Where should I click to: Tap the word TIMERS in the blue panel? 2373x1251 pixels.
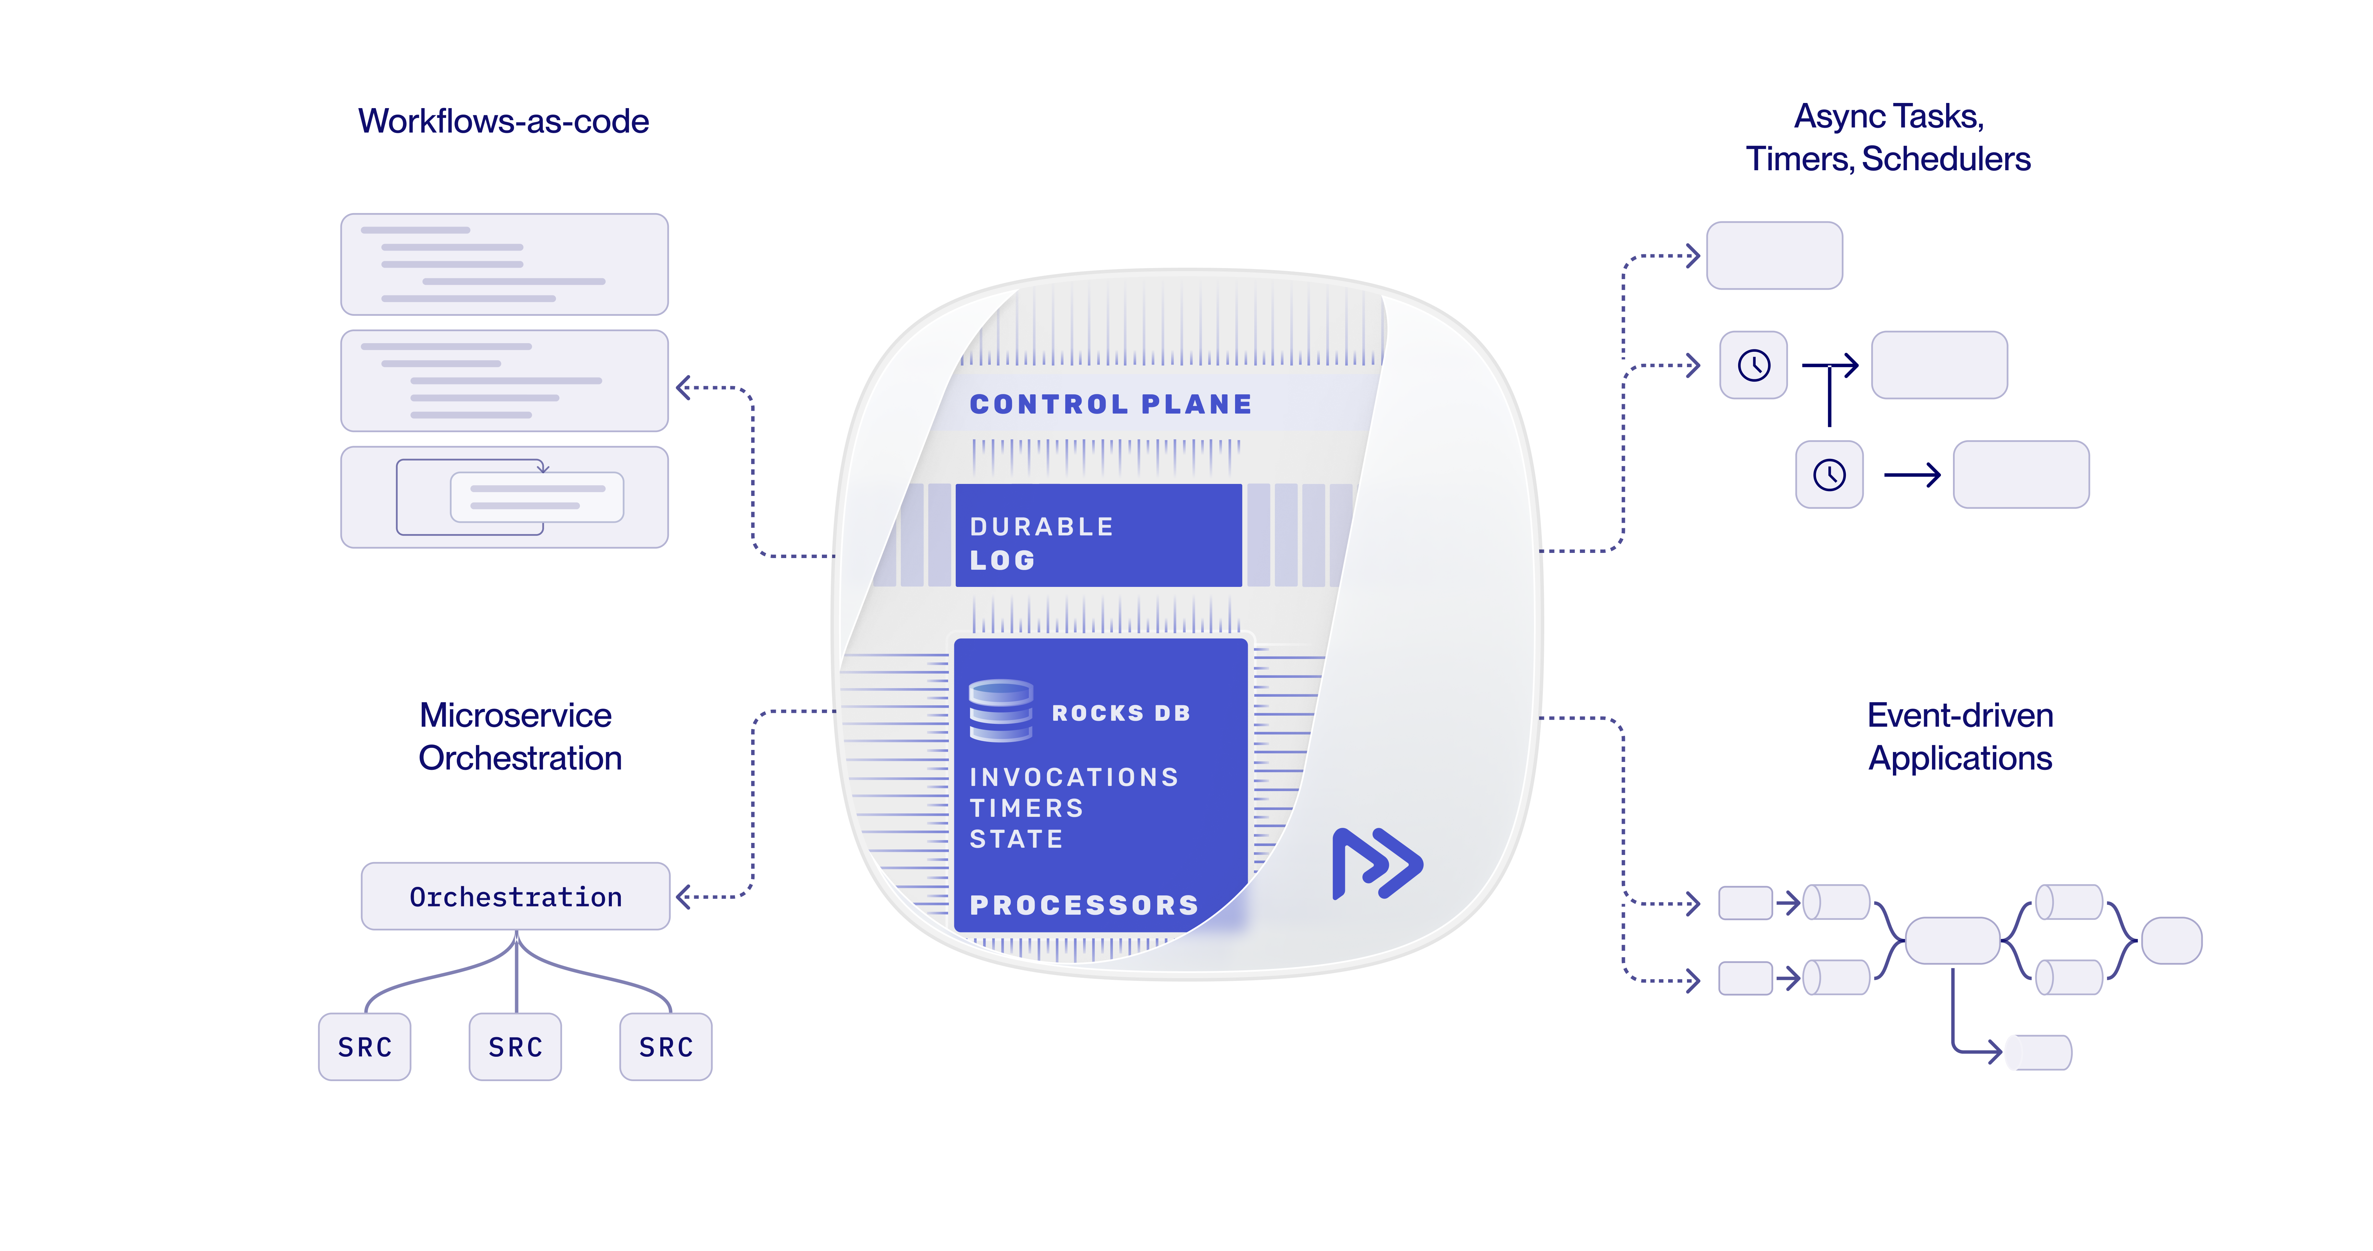pos(1026,808)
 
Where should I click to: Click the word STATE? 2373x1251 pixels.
pos(1016,839)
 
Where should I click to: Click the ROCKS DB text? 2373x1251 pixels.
pos(1120,713)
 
